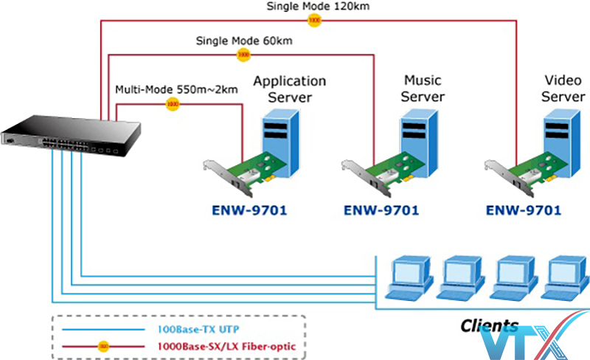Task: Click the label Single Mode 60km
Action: coord(243,40)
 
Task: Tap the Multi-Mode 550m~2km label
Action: coord(177,90)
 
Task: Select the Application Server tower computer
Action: coord(280,139)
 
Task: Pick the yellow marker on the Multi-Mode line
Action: coord(173,104)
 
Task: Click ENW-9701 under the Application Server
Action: coord(239,210)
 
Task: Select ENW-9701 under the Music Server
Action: coord(381,210)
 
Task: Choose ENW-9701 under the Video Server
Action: coord(524,210)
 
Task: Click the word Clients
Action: coord(489,325)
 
